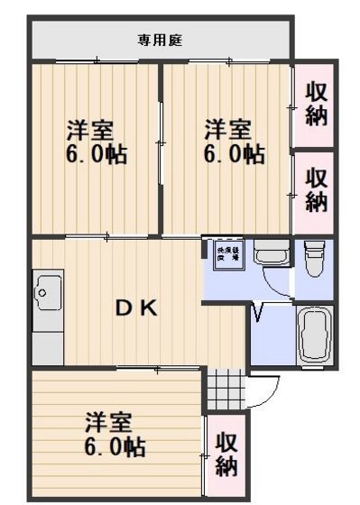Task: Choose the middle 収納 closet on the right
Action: coord(315,189)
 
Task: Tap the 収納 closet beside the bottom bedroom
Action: coord(226,455)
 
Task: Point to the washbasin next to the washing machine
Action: coord(269,254)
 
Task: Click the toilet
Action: coord(313,259)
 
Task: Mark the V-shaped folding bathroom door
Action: coord(259,313)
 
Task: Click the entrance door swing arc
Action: coord(260,390)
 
